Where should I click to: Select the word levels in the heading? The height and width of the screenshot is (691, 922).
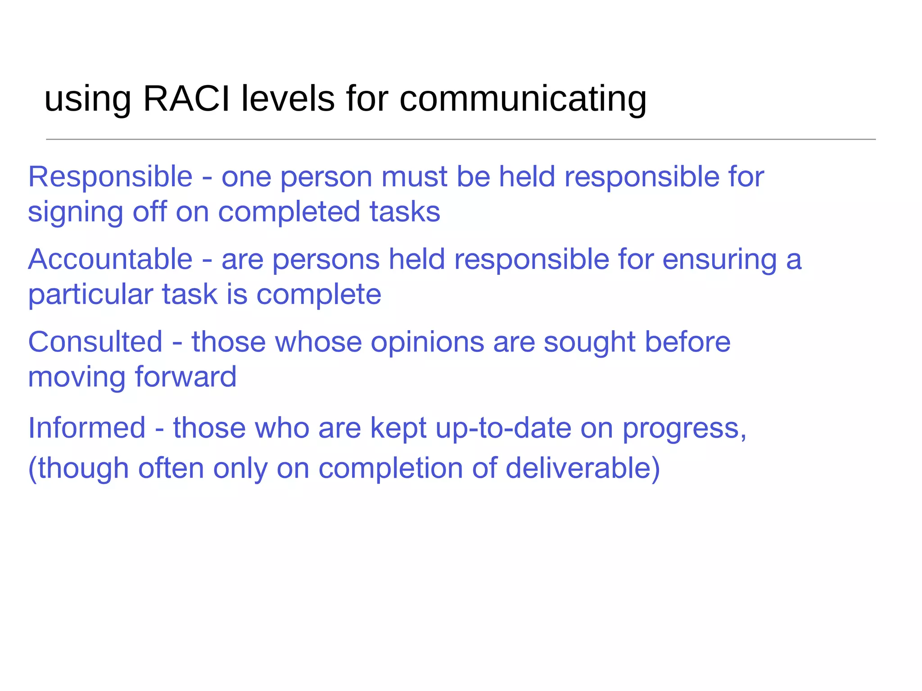coord(288,99)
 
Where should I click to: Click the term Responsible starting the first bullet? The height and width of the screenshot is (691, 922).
coord(110,177)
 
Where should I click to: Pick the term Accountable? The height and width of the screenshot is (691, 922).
coord(110,260)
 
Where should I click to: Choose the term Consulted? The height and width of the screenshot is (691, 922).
coord(95,342)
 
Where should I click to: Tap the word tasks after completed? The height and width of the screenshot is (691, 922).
coord(405,212)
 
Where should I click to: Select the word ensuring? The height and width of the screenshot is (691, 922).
coord(719,260)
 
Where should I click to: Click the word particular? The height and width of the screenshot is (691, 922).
coord(90,295)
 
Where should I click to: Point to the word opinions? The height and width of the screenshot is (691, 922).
coord(427,343)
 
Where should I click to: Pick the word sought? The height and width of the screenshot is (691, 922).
coord(589,343)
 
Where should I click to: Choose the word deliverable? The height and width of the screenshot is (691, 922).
coord(583,468)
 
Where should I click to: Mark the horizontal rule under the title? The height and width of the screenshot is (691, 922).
coord(461,139)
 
